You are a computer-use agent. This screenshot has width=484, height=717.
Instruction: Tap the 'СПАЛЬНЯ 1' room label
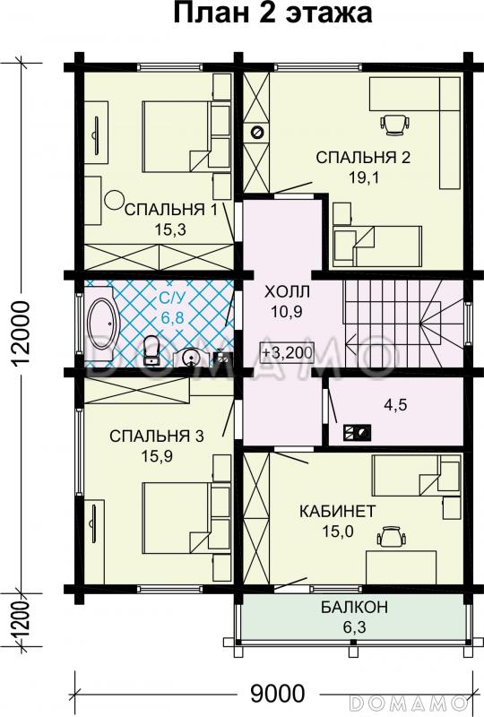coord(171,211)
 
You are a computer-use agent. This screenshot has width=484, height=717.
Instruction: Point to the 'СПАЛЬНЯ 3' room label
coord(157,436)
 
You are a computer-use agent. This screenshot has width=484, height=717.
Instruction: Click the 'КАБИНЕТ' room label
coord(337,511)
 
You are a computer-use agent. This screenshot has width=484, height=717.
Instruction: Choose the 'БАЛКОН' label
coord(353,607)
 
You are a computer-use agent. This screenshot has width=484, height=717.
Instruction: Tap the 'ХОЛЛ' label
coord(288,292)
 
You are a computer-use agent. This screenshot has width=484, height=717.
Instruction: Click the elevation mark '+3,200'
coord(288,352)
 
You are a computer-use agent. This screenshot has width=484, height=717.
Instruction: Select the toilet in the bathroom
coord(152,348)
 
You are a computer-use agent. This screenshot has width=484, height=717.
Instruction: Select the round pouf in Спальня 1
coord(114,199)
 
